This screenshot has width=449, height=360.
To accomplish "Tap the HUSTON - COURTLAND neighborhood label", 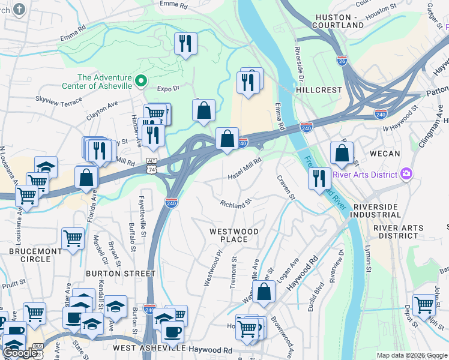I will coord(340,21).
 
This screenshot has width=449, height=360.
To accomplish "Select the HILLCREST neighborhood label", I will coord(319,89).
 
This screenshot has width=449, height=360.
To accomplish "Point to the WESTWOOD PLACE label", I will coord(234,235).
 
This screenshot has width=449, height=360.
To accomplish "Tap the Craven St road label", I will coord(286,188).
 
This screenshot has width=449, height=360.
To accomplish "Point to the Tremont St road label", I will coord(234,273).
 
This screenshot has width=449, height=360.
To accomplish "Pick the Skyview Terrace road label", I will coord(58,100).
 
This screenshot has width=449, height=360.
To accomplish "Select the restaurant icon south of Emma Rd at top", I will coord(185,43).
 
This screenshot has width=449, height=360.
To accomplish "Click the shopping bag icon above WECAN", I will coord(342,152).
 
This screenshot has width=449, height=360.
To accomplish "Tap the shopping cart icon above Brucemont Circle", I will coord(73,238).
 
